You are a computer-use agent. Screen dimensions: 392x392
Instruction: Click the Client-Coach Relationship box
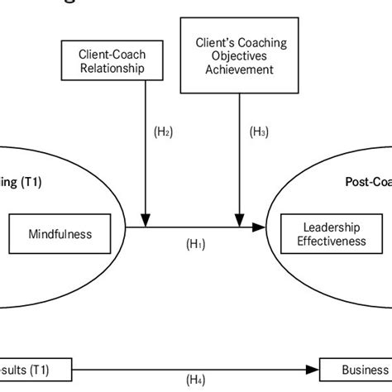coord(114,60)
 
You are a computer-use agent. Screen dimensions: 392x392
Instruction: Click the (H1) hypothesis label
coord(196,244)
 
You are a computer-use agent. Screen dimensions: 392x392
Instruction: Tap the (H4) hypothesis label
coord(196,380)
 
